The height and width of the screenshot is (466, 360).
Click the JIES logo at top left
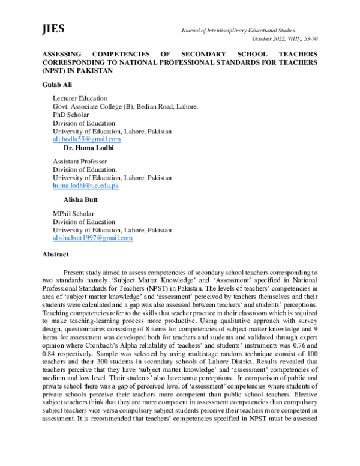pos(53,29)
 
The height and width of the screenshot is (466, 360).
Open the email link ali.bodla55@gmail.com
pos(86,139)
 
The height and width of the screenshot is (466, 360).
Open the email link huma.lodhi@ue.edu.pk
pos(86,186)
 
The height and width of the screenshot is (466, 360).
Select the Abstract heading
pos(55,254)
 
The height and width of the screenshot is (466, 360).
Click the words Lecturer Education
pos(80,98)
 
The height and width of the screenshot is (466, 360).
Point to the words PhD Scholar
pos(71,115)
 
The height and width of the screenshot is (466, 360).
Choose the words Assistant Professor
pos(80,162)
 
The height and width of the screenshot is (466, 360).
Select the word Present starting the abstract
pos(83,272)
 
